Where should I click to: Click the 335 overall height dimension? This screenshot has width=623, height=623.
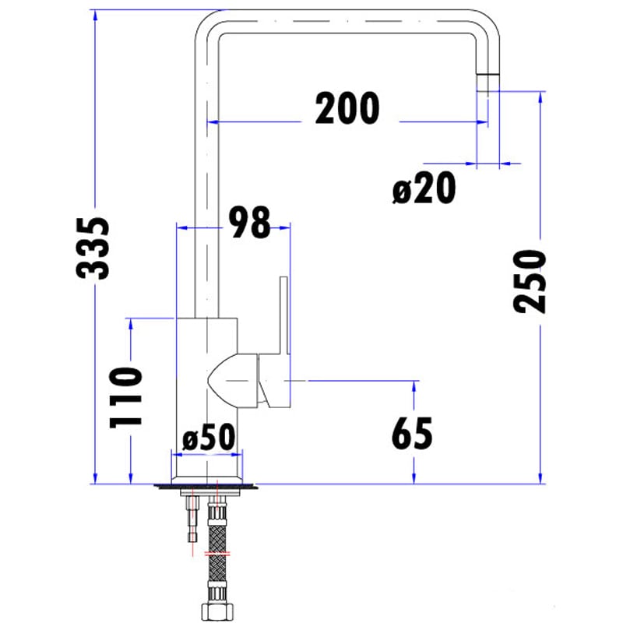point(94,248)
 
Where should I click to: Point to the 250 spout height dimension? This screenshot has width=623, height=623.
point(529,282)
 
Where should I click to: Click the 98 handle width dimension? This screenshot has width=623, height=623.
point(249,223)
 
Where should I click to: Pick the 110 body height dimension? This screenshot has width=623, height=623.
point(126,397)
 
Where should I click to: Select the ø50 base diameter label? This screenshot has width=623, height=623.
point(208,440)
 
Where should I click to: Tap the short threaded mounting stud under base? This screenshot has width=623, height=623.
point(192,522)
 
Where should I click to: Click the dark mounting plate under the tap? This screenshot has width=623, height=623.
point(207,487)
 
